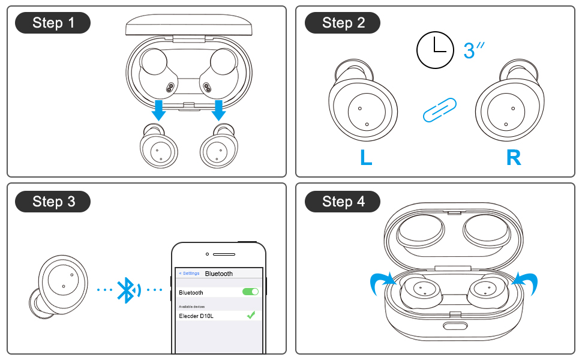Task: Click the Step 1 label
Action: point(53,23)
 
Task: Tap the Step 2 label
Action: point(343,23)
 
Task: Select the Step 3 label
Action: point(53,202)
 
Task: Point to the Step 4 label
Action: point(343,202)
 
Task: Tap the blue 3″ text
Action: point(473,50)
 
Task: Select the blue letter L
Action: point(366,157)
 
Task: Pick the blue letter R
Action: point(514,157)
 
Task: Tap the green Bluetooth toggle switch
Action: point(250,292)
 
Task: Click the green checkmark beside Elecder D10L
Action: point(251,314)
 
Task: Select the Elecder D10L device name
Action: point(197,316)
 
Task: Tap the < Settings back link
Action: point(189,274)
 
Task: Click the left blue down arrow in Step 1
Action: point(159,110)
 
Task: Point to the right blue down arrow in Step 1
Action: point(218,110)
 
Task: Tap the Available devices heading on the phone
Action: point(191,306)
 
